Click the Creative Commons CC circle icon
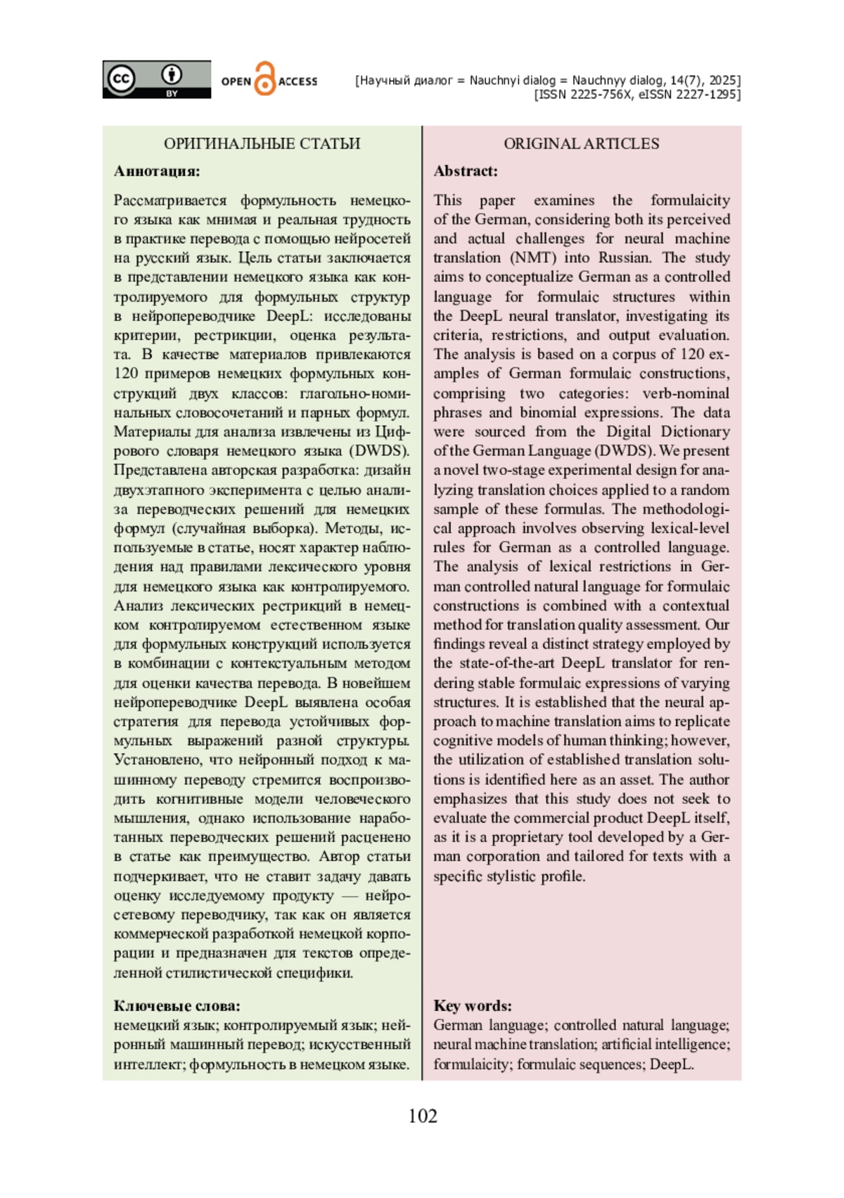click(120, 78)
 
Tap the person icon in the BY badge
click(172, 75)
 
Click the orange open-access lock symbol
click(264, 79)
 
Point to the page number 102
click(422, 1116)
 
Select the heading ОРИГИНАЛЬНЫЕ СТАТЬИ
click(262, 144)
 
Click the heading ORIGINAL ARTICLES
click(581, 144)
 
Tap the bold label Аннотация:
click(157, 171)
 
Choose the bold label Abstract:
click(466, 171)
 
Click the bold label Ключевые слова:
click(177, 1006)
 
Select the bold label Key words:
click(473, 1006)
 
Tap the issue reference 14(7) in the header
click(686, 80)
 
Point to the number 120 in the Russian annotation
click(127, 374)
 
